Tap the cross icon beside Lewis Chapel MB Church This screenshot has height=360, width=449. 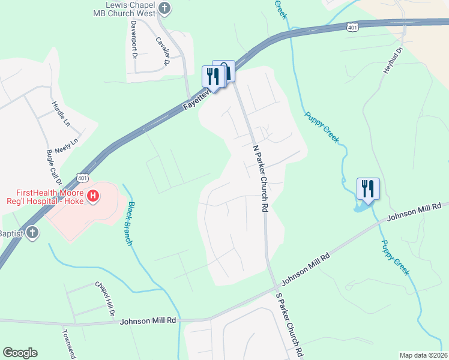point(165,8)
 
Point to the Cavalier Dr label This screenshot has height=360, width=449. point(163,50)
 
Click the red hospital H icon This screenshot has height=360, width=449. point(93,195)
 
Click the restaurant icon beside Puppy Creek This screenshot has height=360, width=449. point(367,188)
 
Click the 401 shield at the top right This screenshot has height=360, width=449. point(352,27)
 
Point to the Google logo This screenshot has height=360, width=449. point(20,353)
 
